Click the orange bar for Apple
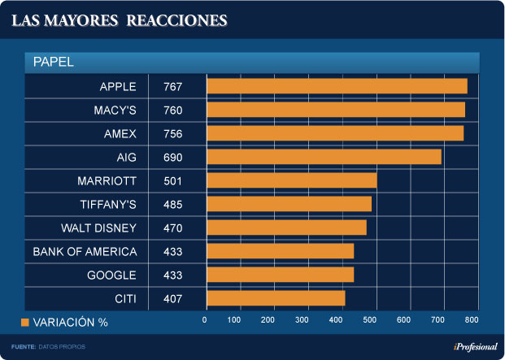(337, 86)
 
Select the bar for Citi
(276, 298)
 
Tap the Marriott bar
(291, 180)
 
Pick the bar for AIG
(324, 157)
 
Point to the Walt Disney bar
(286, 228)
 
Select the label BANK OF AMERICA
(85, 251)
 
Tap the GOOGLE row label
(111, 275)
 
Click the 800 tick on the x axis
(472, 320)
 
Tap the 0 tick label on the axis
(205, 320)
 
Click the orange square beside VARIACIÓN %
(24, 323)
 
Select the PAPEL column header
(54, 62)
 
